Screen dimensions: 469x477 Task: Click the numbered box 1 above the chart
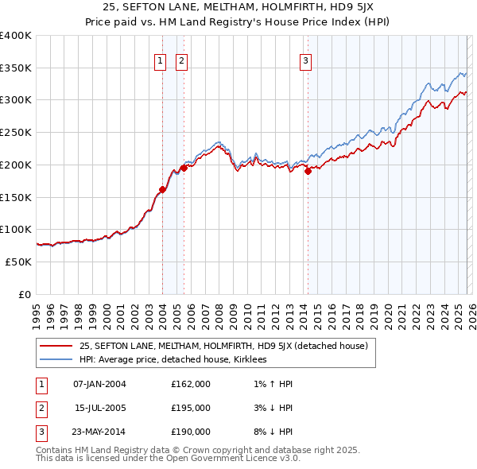[160, 60]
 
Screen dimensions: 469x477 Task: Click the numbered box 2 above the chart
[181, 60]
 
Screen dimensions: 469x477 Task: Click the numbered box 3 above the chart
[305, 60]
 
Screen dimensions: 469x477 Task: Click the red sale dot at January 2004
[162, 189]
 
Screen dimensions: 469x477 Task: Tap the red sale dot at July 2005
[184, 168]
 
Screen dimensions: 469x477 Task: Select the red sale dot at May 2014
[308, 171]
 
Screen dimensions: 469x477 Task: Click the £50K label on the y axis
[19, 262]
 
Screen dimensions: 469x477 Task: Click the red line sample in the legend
[56, 346]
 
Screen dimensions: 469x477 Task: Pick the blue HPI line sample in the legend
[56, 359]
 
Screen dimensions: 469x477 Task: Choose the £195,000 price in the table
[190, 408]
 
